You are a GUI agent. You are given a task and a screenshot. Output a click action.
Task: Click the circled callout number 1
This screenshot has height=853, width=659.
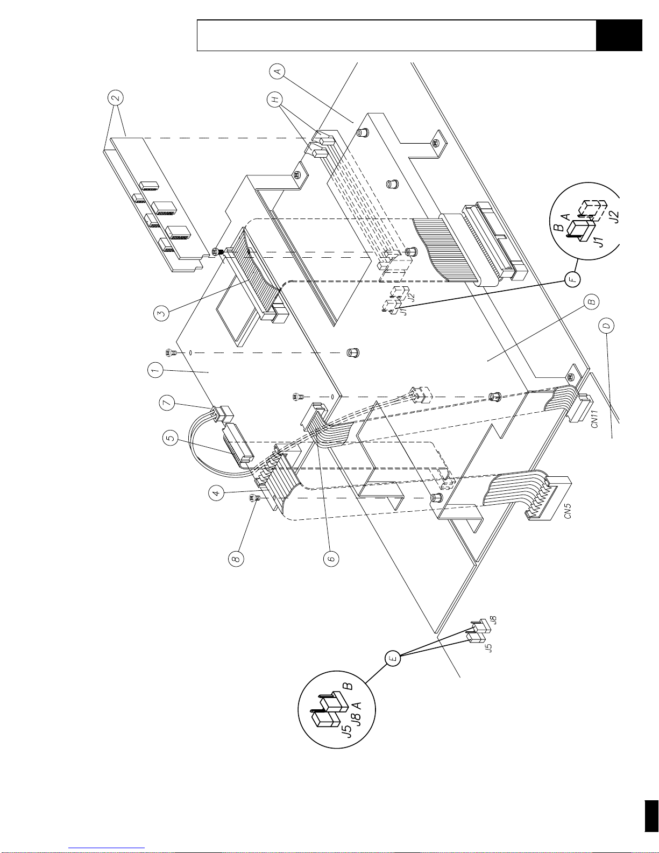coord(155,370)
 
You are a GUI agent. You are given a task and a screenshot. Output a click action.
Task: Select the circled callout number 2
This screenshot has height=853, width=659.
coord(116,97)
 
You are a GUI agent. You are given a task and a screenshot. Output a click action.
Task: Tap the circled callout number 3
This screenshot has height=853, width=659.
coord(161,313)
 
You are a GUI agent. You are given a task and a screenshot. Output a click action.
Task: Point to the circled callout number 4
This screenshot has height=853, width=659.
coord(216,492)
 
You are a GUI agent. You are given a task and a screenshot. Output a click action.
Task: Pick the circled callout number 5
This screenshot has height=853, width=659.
coord(171,439)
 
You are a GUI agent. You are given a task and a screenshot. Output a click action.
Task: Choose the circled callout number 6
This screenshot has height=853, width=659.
coord(331,558)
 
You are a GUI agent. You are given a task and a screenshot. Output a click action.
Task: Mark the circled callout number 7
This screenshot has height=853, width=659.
coord(167,403)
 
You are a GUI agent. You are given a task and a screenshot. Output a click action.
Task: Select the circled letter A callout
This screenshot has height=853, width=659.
coord(277,71)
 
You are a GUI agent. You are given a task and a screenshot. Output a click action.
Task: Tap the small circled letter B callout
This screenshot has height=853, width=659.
coord(592,301)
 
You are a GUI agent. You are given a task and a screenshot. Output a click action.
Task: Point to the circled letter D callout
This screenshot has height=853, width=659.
coord(606,326)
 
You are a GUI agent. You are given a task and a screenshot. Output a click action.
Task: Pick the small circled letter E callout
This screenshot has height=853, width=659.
coord(393,658)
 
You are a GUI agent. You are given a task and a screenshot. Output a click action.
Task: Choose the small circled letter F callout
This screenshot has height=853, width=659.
coord(573,279)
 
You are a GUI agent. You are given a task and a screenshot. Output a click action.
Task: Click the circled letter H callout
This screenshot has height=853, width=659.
coord(275,100)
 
